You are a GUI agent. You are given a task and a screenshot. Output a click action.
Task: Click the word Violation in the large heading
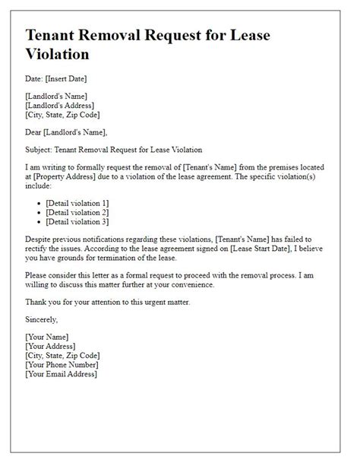click(x=58, y=55)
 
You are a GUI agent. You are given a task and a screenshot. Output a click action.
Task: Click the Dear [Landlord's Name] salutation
click(x=62, y=131)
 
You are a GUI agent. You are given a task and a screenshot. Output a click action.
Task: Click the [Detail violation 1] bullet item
click(x=77, y=203)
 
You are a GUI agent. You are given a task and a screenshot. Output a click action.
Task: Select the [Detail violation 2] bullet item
click(x=77, y=212)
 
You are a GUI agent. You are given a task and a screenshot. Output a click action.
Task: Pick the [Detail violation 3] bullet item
click(x=77, y=221)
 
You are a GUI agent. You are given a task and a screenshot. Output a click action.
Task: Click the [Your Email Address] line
click(x=62, y=373)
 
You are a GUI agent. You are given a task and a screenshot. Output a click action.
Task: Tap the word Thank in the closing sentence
click(x=38, y=303)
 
